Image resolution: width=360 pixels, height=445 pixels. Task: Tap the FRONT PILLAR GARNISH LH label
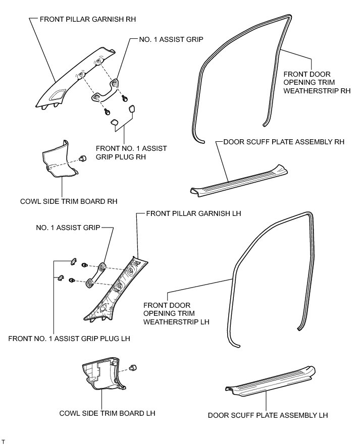point(193,213)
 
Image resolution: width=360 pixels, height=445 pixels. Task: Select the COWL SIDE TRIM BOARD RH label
point(69,201)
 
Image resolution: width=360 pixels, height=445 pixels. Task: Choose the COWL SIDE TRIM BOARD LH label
point(107,413)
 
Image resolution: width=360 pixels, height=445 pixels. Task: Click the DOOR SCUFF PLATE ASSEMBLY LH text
point(268,416)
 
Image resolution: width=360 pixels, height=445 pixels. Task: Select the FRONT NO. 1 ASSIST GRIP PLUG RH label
point(131,153)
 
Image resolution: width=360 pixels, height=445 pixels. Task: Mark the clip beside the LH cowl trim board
point(134,368)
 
